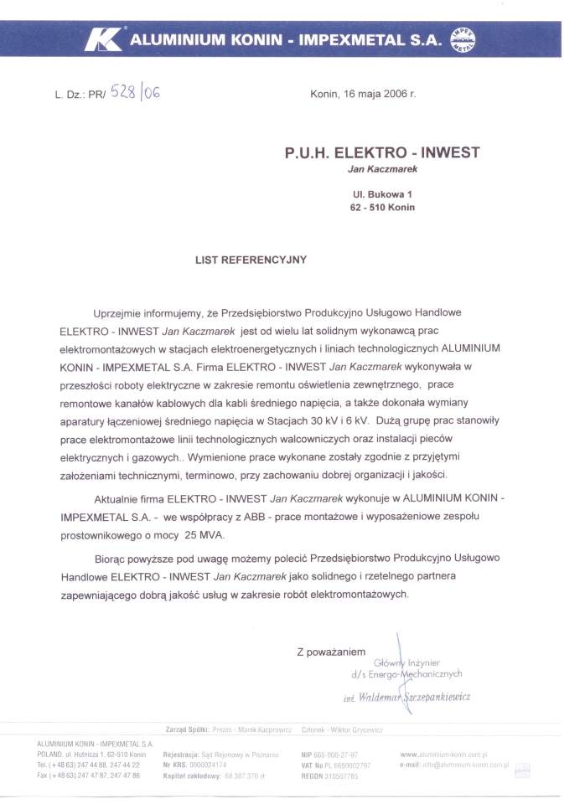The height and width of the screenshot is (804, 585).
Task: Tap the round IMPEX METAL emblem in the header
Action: [x=463, y=39]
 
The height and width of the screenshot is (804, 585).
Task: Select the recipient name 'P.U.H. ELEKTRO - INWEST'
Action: [x=381, y=153]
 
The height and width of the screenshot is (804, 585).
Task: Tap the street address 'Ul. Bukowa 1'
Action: [x=382, y=194]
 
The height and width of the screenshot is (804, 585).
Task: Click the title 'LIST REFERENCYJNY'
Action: [x=251, y=260]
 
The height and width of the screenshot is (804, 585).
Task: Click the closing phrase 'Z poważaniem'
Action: [x=331, y=651]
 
